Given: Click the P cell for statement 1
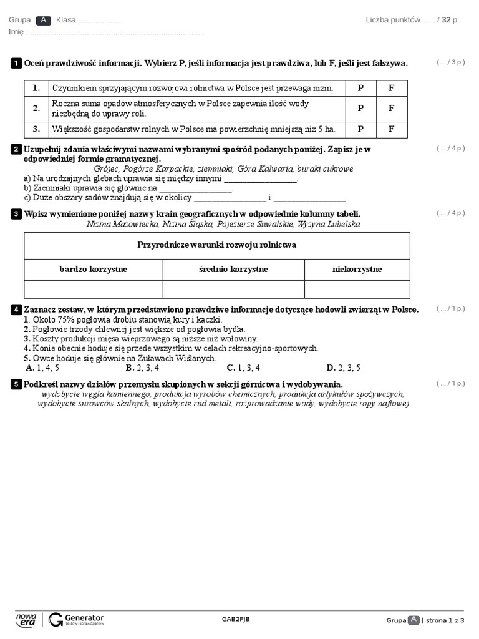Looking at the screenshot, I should [360, 88].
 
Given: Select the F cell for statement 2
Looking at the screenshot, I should [392, 108].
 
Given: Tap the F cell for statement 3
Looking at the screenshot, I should [392, 129].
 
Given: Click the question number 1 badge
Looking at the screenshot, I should [16, 63].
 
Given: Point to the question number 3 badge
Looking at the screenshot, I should [16, 214].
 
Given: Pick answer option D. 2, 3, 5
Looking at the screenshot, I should [343, 368].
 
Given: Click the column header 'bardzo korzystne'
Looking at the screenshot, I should [94, 269].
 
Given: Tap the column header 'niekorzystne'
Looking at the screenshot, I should [357, 269].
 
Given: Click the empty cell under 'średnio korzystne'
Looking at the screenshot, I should [233, 289].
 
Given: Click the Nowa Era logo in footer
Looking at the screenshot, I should [26, 619].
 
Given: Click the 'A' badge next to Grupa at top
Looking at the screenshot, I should [43, 20].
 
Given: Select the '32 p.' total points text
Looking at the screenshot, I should [450, 20].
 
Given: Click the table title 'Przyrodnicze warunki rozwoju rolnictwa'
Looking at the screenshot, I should [216, 245].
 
